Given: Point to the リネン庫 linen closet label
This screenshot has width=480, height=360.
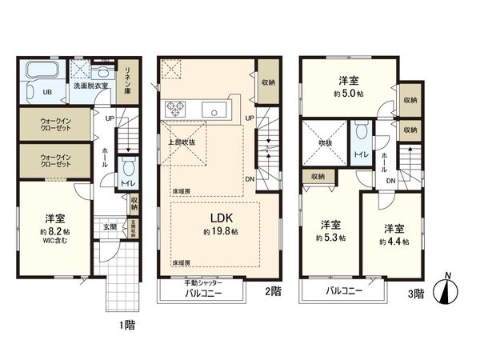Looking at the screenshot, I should click(x=126, y=80).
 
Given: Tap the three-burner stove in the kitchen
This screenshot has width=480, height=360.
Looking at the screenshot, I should click(x=174, y=108).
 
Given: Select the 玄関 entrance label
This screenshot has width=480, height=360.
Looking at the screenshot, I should click(x=109, y=226).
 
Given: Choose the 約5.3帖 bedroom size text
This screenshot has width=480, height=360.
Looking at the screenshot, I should click(x=330, y=238).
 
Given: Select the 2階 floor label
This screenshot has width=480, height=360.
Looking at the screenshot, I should click(x=274, y=293).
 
